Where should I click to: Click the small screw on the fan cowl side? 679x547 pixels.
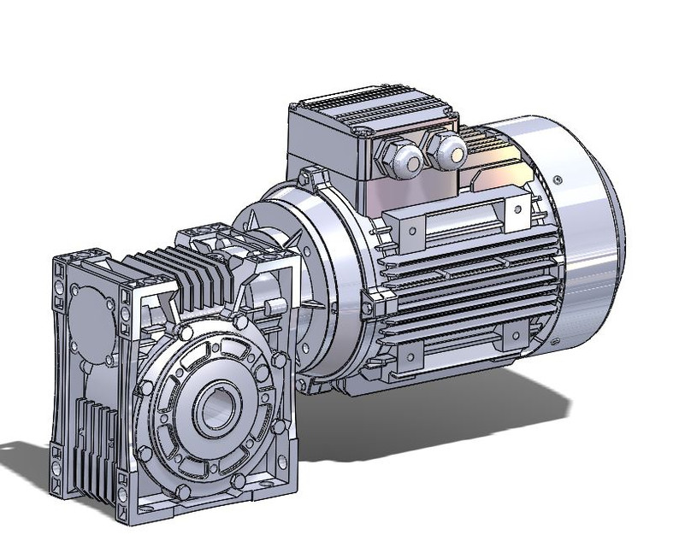(557, 179)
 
